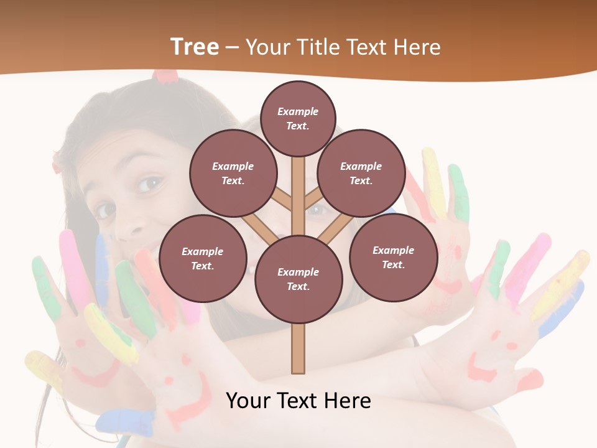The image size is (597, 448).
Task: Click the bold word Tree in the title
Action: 195,47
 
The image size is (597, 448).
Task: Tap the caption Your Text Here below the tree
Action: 298,401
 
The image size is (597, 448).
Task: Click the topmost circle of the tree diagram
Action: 298,118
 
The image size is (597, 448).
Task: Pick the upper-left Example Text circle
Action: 233,174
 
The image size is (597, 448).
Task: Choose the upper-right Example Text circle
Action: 361,174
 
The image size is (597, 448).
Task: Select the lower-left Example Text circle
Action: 202,259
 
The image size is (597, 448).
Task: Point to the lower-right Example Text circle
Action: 393,258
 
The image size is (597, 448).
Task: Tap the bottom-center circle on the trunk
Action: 298,279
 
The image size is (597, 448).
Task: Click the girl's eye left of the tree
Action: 150,184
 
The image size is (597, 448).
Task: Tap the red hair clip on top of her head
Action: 165,76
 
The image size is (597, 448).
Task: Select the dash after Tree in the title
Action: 233,47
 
